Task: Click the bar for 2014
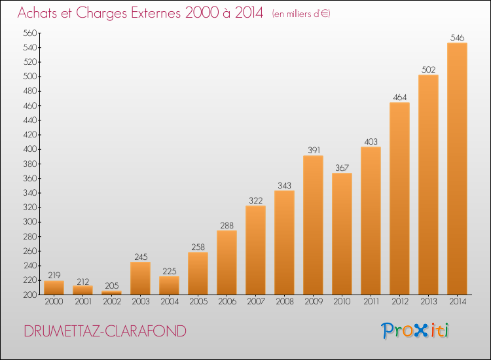[x=457, y=168]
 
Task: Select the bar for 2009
[x=313, y=225]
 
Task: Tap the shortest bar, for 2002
[x=112, y=293]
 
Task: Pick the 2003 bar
[x=141, y=278]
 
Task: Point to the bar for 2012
[x=399, y=198]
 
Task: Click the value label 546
[x=457, y=37]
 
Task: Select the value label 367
[x=342, y=168]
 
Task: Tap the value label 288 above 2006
[x=227, y=225]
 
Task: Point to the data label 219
[x=54, y=275]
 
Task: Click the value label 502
[x=428, y=69]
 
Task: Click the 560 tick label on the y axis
[x=30, y=33]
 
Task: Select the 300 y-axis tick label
[x=30, y=222]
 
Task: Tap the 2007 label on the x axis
[x=256, y=301]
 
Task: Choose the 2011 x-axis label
[x=371, y=301]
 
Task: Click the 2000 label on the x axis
[x=54, y=301]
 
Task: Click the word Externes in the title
[x=156, y=13]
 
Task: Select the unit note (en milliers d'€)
[x=301, y=14]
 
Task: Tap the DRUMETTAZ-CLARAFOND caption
[x=105, y=331]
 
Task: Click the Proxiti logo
[x=415, y=331]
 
